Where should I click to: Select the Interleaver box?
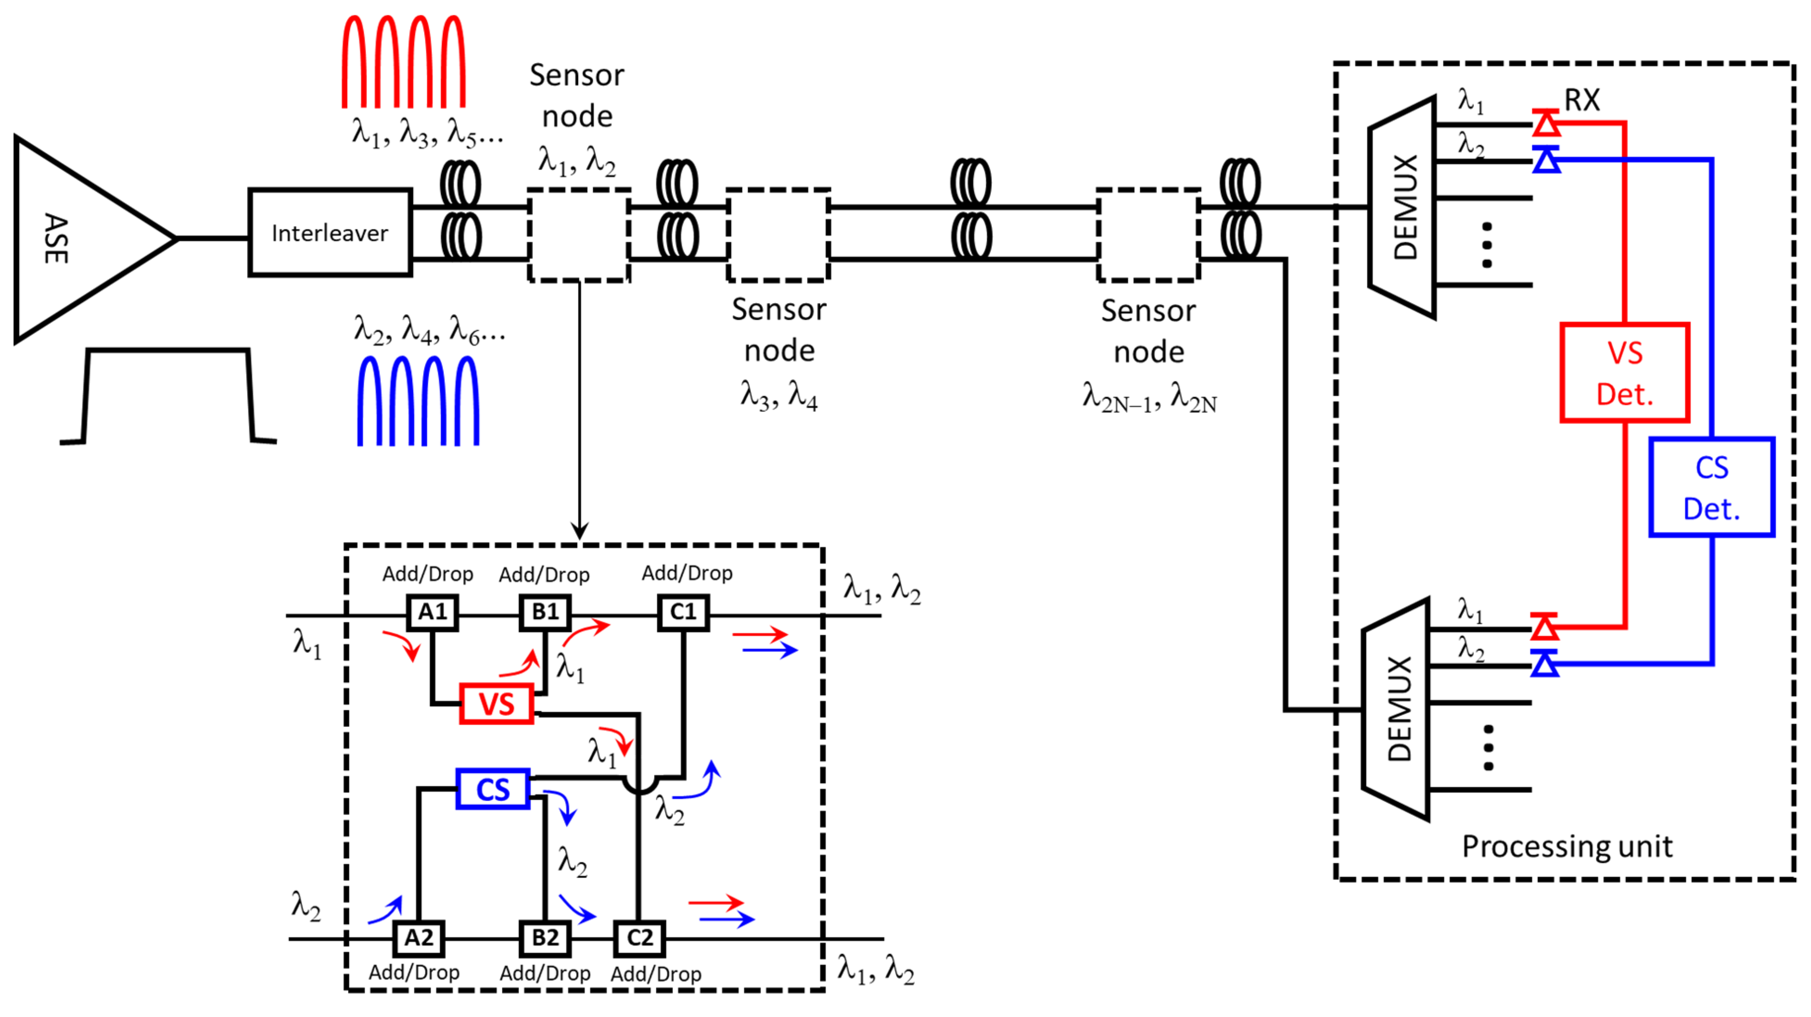pos(330,233)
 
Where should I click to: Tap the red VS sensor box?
pos(496,703)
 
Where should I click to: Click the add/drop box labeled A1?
pos(432,612)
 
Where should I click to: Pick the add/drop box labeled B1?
pos(545,612)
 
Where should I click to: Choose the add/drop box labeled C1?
pos(683,612)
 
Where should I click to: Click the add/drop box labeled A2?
pos(418,938)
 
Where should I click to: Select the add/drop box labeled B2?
pos(545,938)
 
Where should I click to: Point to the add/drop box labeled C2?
pos(639,938)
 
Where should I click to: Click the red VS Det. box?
pos(1625,373)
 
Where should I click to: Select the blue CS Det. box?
pos(1711,487)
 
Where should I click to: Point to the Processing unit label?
pos(1567,846)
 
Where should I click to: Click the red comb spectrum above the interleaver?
pos(404,62)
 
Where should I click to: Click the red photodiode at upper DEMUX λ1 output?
pos(1546,124)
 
